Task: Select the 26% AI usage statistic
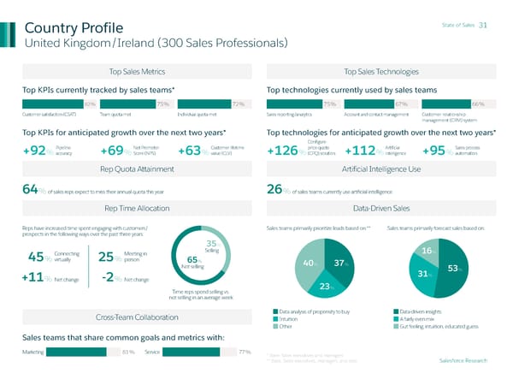point(275,190)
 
